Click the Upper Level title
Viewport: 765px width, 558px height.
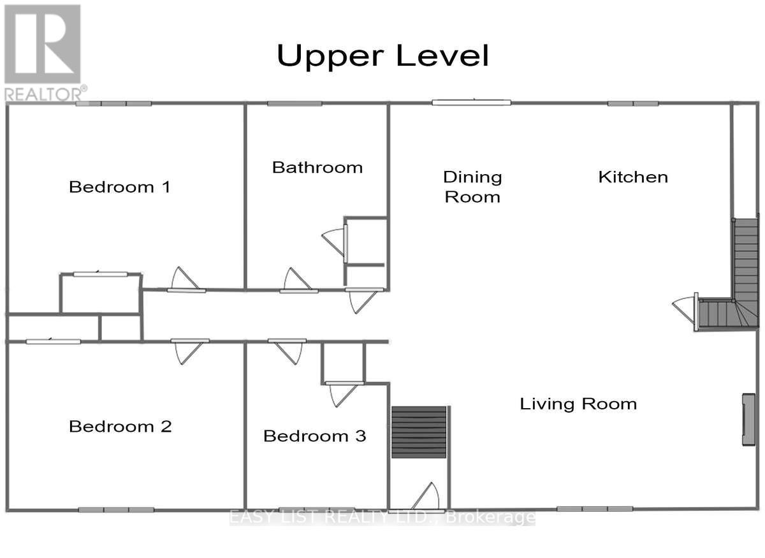tap(382, 56)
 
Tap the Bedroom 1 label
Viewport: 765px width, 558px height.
tap(120, 187)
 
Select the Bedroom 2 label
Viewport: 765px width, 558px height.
tap(120, 426)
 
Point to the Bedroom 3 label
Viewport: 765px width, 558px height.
tap(314, 436)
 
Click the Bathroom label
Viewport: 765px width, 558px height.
tap(317, 167)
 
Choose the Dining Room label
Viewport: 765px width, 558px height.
tap(472, 186)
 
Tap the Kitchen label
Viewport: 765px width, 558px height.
tap(633, 177)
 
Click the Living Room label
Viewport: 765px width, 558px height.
tap(578, 404)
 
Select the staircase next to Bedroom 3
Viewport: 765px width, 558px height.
tap(418, 432)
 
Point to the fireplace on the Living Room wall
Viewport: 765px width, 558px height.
tap(748, 420)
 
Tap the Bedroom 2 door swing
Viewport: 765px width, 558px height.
tap(190, 351)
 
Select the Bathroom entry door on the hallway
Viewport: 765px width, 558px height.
tap(296, 280)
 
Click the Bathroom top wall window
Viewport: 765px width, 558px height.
tap(294, 103)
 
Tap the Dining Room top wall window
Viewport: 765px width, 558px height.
tap(471, 102)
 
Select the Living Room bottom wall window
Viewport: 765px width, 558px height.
tap(594, 509)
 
